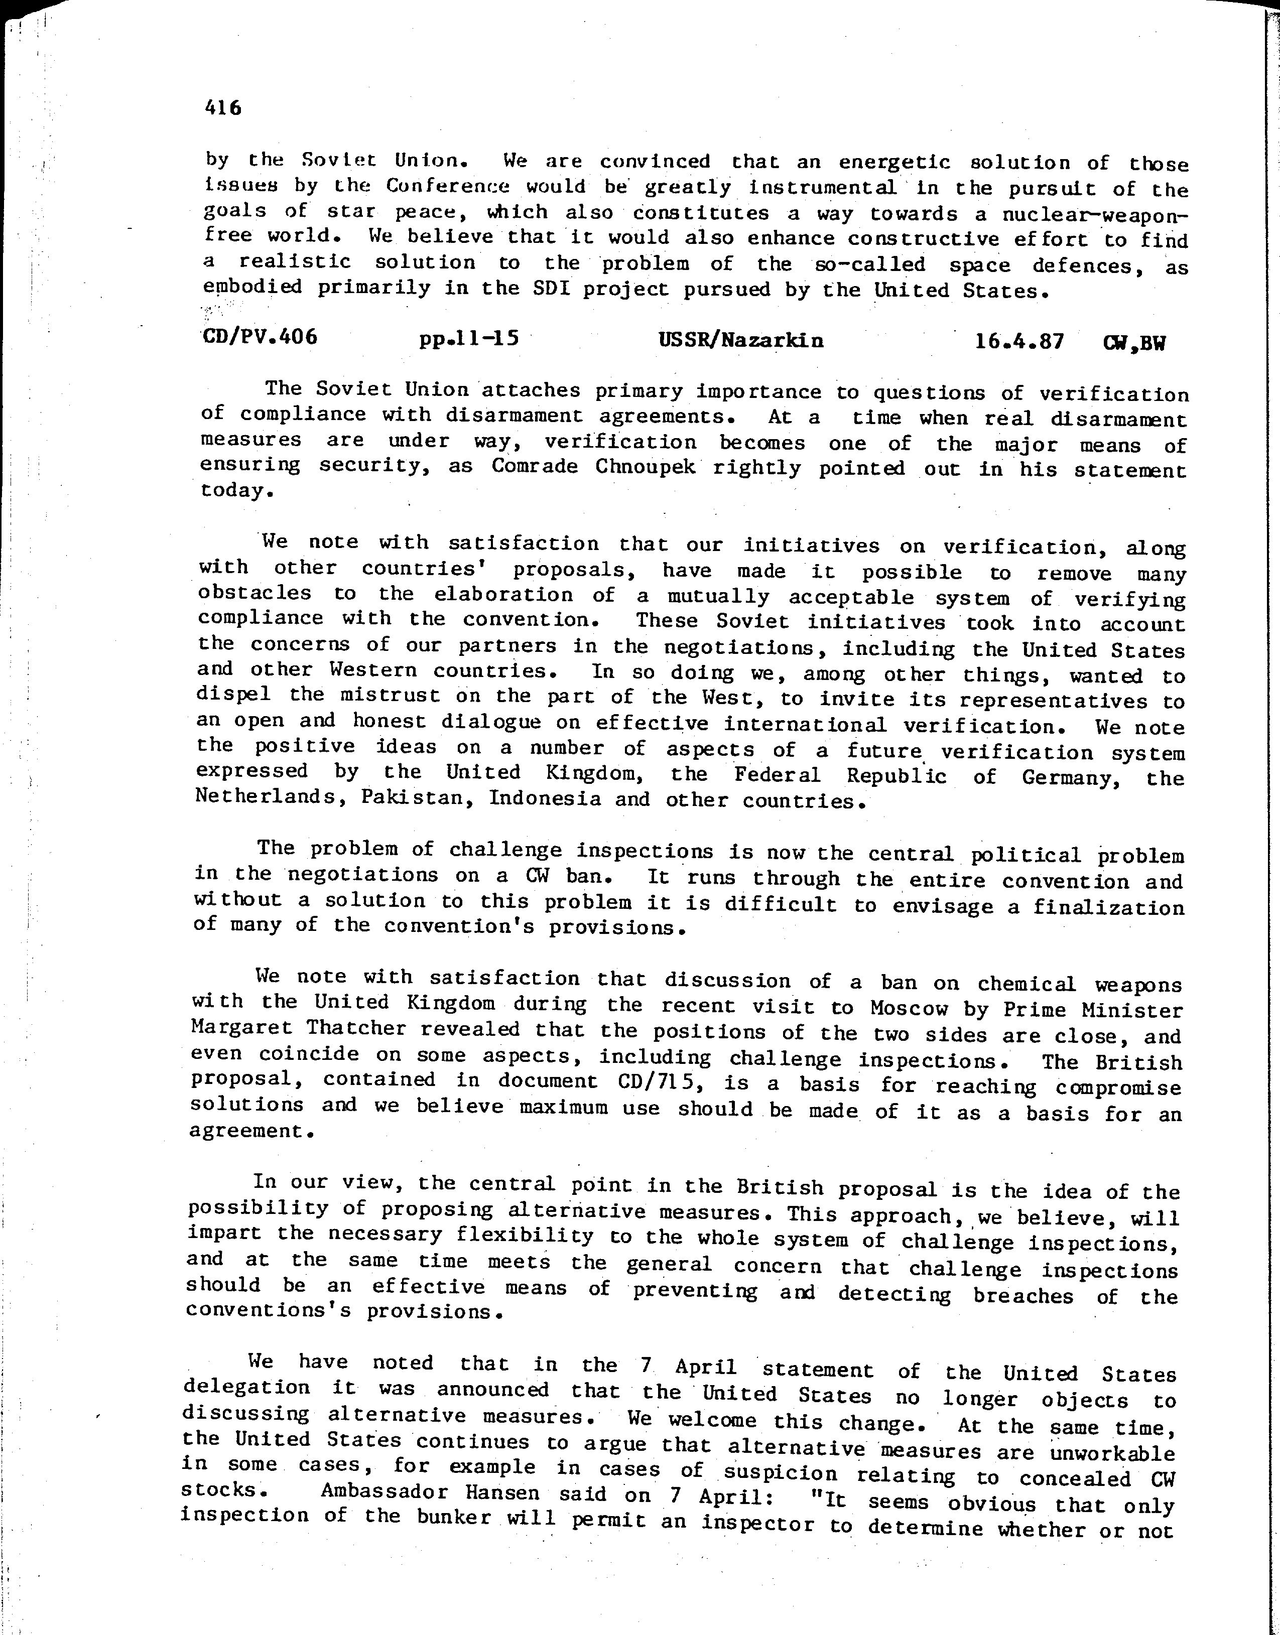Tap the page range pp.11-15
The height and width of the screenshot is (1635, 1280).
point(470,339)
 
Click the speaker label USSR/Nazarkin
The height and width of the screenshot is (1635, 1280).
point(740,341)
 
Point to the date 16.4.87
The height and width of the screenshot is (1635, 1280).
point(1019,342)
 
